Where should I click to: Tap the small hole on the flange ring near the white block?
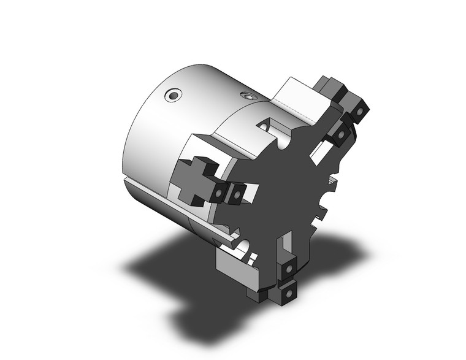point(248,96)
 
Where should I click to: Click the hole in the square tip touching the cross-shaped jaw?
point(219,194)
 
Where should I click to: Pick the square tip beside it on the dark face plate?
point(235,194)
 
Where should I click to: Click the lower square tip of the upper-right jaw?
point(338,134)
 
